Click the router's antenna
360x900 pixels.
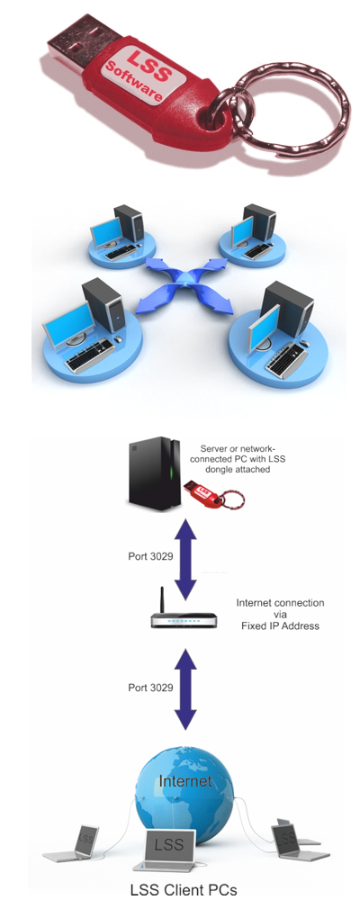(x=163, y=600)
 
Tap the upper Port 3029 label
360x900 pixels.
(x=150, y=556)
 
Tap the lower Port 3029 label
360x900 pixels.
(x=150, y=687)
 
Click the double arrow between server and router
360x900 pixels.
(x=185, y=560)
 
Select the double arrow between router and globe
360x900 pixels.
(x=185, y=688)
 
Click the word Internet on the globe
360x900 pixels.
(x=184, y=780)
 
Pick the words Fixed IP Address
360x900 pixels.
(x=280, y=625)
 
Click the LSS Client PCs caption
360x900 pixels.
(x=184, y=890)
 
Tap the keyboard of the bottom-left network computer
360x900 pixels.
(x=90, y=355)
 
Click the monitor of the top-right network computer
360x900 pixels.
(x=242, y=230)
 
